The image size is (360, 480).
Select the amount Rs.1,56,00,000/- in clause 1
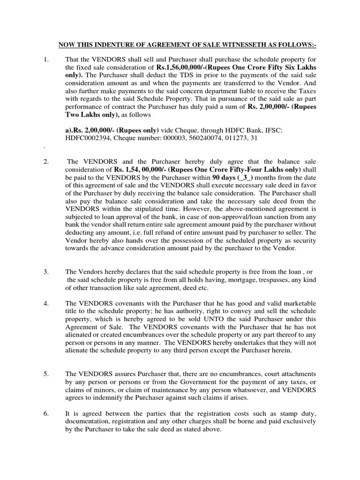pyautogui.click(x=185, y=67)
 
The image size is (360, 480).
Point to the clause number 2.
pyautogui.click(x=46, y=162)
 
